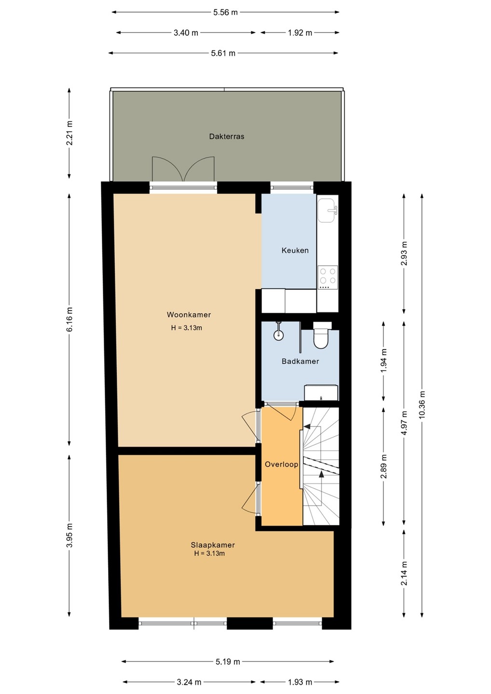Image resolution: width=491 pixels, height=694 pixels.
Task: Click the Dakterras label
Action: coord(227,136)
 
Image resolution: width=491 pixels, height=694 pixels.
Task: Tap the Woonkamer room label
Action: coord(189,314)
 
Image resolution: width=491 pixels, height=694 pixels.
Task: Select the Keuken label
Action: coord(295,250)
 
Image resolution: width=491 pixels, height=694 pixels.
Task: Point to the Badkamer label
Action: coord(300,361)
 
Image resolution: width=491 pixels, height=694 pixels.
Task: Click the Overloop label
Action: coord(282,464)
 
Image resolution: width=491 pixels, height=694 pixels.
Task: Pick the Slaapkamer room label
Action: coord(213,545)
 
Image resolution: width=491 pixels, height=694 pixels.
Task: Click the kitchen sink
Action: coord(327,210)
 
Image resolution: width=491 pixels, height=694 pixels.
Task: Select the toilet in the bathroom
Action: coord(322,335)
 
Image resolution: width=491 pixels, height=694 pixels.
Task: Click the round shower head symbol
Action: coord(278,334)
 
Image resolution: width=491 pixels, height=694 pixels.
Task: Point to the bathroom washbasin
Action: coord(321,392)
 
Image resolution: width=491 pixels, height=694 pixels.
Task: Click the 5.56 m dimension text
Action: coord(225,13)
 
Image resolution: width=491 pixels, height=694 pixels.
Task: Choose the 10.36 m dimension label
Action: coord(422,404)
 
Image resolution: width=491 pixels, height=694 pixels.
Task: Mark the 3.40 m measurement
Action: coord(186,33)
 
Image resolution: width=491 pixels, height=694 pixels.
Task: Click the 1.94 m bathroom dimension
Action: coord(384,361)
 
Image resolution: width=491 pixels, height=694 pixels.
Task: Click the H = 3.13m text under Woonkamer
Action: coord(187,328)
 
